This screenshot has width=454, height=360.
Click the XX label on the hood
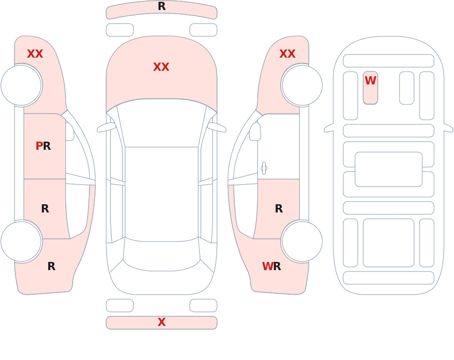click(161, 67)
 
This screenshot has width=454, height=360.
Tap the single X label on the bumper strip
click(162, 322)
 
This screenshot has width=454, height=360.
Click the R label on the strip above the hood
click(162, 6)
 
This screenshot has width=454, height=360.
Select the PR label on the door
click(43, 146)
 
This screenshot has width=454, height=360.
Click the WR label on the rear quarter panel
click(271, 266)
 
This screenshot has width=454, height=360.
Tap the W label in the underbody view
click(370, 80)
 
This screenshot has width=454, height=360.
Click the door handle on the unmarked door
click(264, 168)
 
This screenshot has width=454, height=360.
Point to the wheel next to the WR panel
click(302, 241)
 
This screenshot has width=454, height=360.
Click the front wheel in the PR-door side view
click(21, 85)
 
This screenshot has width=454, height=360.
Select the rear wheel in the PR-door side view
click(21, 241)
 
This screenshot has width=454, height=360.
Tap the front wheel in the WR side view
click(302, 85)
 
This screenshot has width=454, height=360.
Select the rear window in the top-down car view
click(162, 255)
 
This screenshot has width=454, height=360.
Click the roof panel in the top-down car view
click(162, 193)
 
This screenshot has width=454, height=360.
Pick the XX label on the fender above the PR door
click(35, 54)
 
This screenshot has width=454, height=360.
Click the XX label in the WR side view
click(287, 54)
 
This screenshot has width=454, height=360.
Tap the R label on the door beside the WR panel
click(279, 208)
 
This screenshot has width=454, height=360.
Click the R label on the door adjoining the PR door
click(45, 208)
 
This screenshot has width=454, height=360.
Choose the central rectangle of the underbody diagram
click(389, 169)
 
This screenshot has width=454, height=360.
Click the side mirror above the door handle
click(255, 132)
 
